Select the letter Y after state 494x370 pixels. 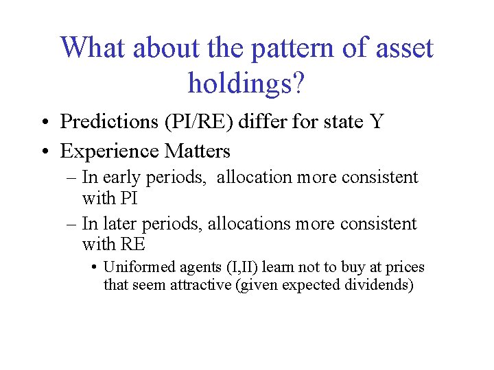376,122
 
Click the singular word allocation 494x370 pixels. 255,177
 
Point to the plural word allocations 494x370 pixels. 250,224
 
